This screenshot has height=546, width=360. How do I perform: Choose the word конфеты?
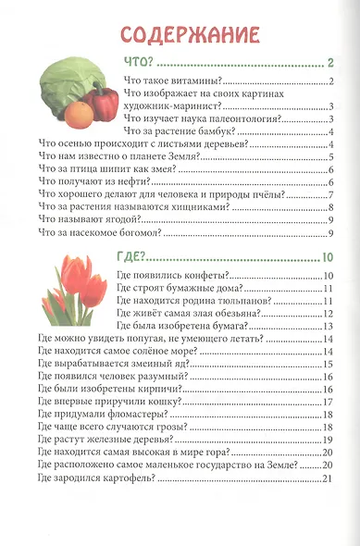202,278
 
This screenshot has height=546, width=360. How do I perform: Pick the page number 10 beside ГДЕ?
327,257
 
